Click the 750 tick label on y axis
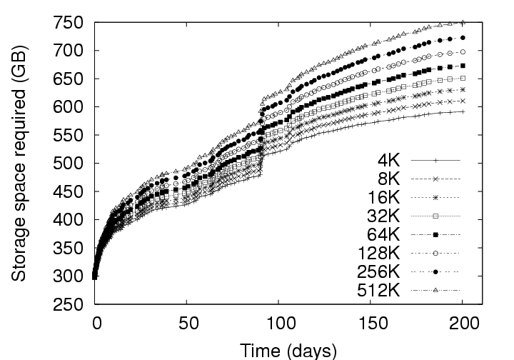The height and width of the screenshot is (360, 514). click(x=74, y=22)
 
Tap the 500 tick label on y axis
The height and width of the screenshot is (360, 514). click(x=74, y=164)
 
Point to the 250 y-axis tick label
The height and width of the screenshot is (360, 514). click(x=74, y=305)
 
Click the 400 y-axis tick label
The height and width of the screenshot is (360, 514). click(x=74, y=220)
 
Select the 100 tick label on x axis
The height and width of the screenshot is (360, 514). click(x=279, y=323)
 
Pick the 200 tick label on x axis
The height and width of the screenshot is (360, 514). click(x=463, y=323)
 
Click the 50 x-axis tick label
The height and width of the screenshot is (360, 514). click(x=187, y=323)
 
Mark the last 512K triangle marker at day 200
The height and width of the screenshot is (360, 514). click(x=463, y=23)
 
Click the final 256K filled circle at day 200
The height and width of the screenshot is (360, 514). click(x=463, y=38)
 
